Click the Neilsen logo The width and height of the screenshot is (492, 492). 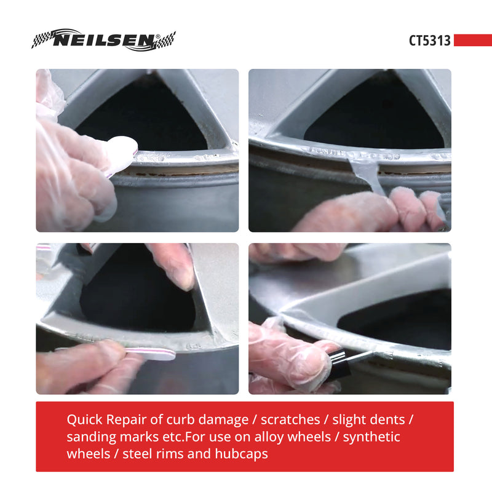(x=103, y=41)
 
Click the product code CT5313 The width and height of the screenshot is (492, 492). (x=430, y=41)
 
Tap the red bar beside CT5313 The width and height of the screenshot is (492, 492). (x=472, y=41)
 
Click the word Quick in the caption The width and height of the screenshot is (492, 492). (x=84, y=420)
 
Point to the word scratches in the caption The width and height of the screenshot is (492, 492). (x=290, y=420)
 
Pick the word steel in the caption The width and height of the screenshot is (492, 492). (x=138, y=454)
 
